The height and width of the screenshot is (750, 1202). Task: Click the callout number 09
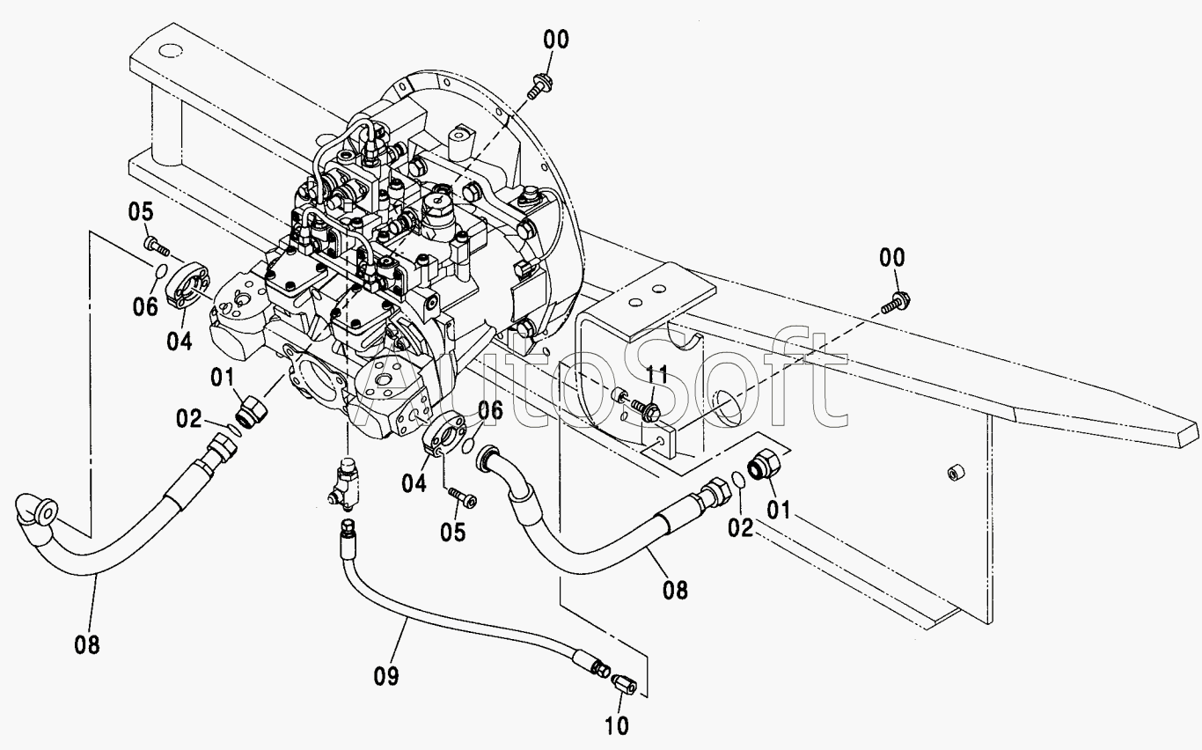(x=386, y=676)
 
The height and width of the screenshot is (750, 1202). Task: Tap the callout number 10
(x=617, y=726)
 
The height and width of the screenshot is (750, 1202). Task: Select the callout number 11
(x=656, y=375)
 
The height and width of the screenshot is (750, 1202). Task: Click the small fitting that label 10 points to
(x=624, y=684)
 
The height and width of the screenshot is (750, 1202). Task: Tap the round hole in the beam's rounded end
(x=172, y=51)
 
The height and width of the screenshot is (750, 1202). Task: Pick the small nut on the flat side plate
(x=956, y=473)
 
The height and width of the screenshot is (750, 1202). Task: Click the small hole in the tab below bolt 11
(x=660, y=441)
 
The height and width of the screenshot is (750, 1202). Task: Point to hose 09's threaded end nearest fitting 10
(x=599, y=668)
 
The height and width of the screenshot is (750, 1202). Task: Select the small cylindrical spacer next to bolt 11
(x=619, y=396)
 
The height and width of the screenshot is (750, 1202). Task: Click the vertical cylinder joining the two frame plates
(x=166, y=126)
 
